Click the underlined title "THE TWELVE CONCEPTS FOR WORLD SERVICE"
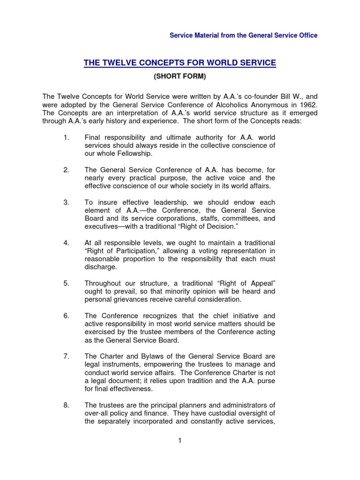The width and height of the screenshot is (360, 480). coord(180,62)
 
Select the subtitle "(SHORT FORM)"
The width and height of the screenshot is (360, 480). coord(180,75)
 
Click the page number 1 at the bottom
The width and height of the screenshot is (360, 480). coord(180,441)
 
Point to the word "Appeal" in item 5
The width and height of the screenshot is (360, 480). coord(259,283)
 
